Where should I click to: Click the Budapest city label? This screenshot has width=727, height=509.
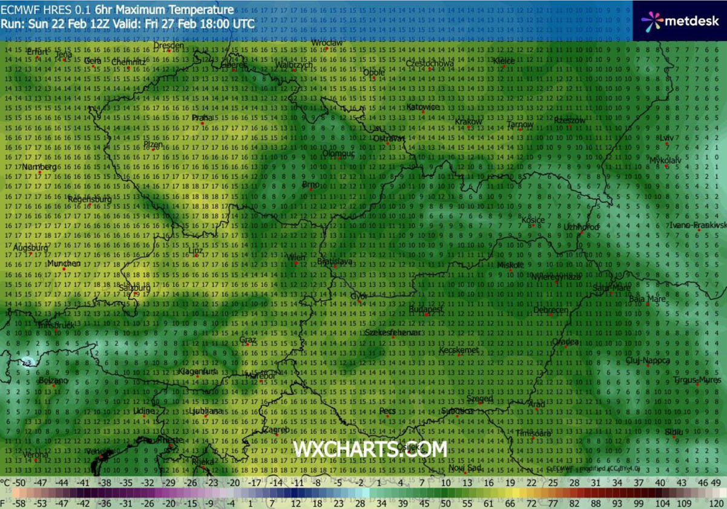[x=427, y=309]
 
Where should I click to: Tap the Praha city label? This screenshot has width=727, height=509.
[x=202, y=118]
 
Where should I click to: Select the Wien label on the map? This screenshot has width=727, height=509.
[x=296, y=257]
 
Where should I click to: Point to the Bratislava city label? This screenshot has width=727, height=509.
[x=335, y=261]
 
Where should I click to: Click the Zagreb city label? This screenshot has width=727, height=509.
[x=277, y=429]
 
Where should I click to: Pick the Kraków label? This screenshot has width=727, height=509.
[x=468, y=122]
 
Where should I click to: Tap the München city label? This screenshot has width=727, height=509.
[x=64, y=264]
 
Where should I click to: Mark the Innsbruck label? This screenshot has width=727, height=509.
[x=56, y=325]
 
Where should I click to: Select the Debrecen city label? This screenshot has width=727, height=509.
[x=551, y=310]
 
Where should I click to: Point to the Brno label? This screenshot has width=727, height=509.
[x=310, y=184]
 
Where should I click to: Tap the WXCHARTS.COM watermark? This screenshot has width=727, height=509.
[x=370, y=448]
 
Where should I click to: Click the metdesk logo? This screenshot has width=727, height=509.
[x=680, y=21]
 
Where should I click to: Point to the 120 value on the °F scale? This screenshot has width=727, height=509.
[x=716, y=503]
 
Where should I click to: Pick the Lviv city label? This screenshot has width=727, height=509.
[x=665, y=138]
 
